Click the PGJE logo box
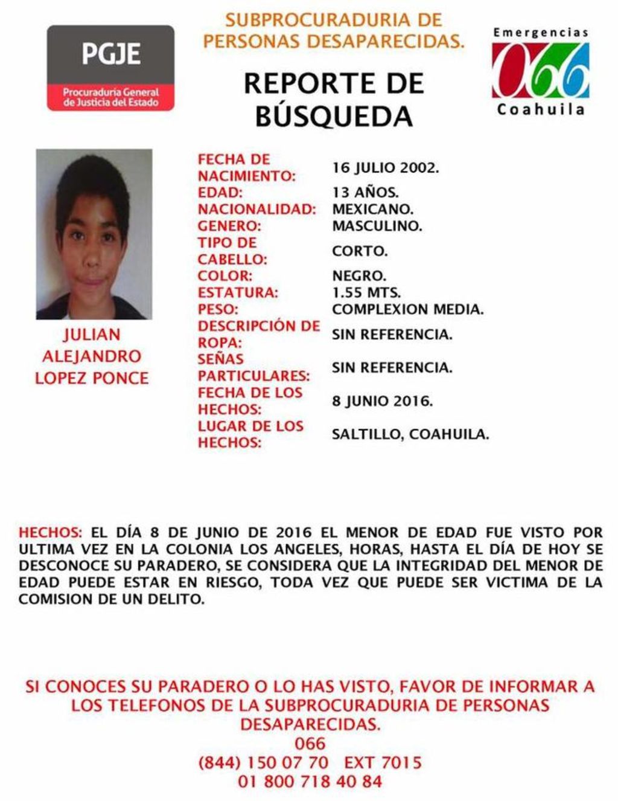(x=110, y=68)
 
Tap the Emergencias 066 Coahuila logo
(x=540, y=71)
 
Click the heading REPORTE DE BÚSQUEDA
(x=334, y=99)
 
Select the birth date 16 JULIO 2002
(x=385, y=167)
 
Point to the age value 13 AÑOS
(x=365, y=193)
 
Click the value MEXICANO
(x=372, y=210)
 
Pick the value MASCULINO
(x=377, y=227)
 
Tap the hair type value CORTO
(x=360, y=251)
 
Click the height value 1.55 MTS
(x=366, y=293)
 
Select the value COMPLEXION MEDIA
(x=407, y=310)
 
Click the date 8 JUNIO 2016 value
(x=381, y=401)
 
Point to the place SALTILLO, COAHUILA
(x=410, y=434)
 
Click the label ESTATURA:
(x=238, y=293)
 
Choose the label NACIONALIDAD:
(x=257, y=210)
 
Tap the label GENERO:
(x=229, y=227)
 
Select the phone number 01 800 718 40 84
(x=310, y=781)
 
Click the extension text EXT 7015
(x=383, y=762)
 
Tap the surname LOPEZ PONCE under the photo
(x=92, y=378)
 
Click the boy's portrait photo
(x=94, y=234)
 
